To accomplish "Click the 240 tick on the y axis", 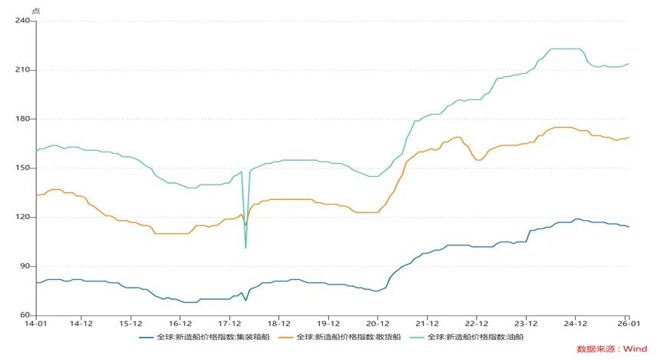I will click(x=22, y=21).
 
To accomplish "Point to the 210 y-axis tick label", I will click(x=22, y=70).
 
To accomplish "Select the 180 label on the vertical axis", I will click(x=22, y=119).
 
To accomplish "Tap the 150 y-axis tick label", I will click(x=22, y=168).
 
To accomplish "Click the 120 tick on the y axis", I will click(x=22, y=217).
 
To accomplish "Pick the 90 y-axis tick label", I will click(x=25, y=266).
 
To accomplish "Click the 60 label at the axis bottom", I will click(x=25, y=315).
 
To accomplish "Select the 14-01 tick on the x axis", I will click(x=36, y=325).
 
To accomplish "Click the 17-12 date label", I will click(x=229, y=325).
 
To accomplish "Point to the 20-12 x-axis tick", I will click(x=377, y=325).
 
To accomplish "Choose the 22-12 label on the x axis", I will click(x=476, y=325).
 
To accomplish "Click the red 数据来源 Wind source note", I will click(x=612, y=348).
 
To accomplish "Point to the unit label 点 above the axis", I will click(x=35, y=9).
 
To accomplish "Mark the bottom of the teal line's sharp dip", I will click(x=246, y=248).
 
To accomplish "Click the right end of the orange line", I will click(x=629, y=138).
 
